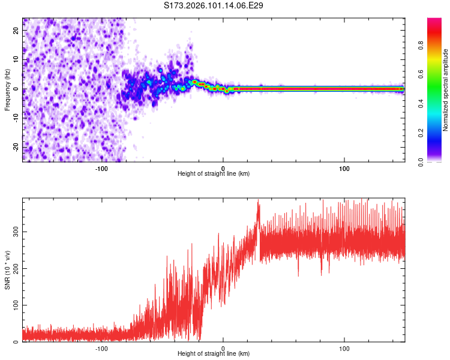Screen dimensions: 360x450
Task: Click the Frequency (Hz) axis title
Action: (7, 90)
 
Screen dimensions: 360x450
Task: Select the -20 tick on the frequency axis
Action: (16, 146)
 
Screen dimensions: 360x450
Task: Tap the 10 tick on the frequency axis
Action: (16, 60)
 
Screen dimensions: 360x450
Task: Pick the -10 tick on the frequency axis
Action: (16, 118)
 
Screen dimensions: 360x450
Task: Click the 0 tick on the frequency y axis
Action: (16, 89)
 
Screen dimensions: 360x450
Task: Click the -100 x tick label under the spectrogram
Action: (101, 168)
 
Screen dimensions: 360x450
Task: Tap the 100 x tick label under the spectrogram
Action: (344, 168)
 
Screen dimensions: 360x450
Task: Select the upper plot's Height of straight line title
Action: (214, 174)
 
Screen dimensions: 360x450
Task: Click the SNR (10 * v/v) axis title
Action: (7, 271)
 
